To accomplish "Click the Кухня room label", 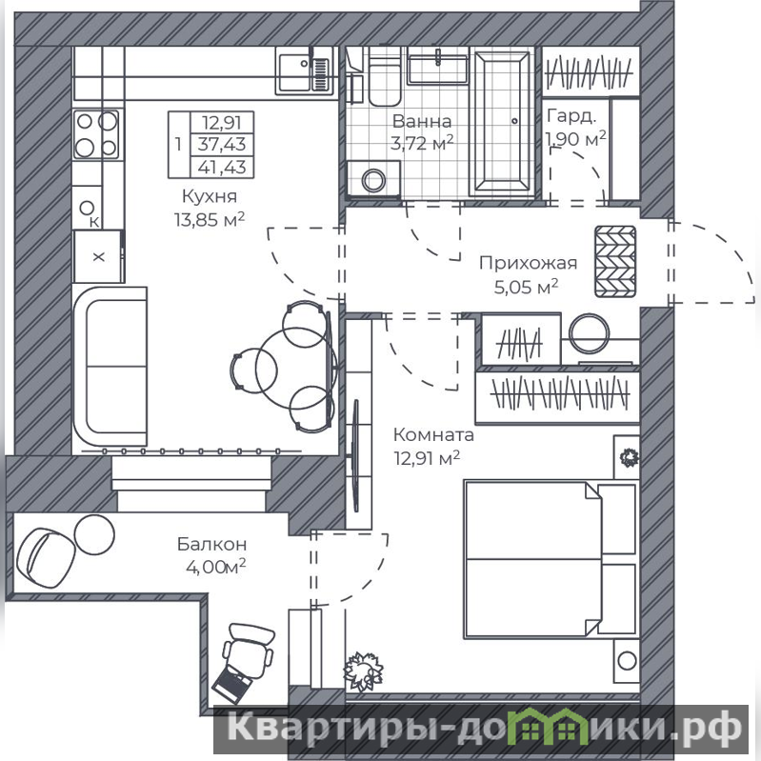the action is tap(210, 196).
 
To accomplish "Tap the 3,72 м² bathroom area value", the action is tap(422, 143).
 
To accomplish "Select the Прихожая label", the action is tap(528, 263).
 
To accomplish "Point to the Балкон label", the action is tap(211, 544).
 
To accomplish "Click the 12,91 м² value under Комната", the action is tap(427, 458).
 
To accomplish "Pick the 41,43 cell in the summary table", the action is tap(222, 168).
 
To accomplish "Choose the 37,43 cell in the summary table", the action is tap(222, 144).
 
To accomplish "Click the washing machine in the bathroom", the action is tap(373, 180).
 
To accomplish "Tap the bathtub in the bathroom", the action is tap(502, 123).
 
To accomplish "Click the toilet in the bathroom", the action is tap(385, 77).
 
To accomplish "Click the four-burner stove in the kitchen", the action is tap(97, 134).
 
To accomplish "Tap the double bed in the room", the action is tap(551, 559).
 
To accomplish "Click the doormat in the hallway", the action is tap(615, 262).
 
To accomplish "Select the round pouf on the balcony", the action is tap(94, 534).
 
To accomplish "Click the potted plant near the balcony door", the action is tap(363, 672).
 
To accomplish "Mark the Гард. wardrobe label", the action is tap(571, 116).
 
